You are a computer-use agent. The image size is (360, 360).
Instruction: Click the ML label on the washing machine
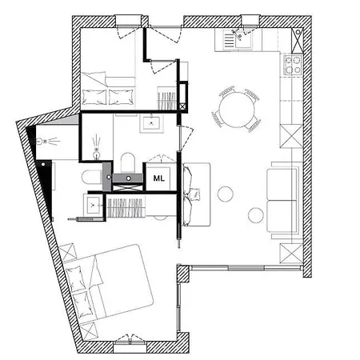pyautogui.click(x=158, y=178)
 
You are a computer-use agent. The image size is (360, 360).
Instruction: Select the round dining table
pyautogui.click(x=236, y=110)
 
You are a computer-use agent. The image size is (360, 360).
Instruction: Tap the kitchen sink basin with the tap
pyautogui.click(x=243, y=39)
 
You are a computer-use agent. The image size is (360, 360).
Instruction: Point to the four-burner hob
pyautogui.click(x=293, y=65)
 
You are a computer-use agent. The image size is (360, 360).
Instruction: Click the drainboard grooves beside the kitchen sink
pyautogui.click(x=229, y=41)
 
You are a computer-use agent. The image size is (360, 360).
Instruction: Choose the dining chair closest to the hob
pyautogui.click(x=252, y=94)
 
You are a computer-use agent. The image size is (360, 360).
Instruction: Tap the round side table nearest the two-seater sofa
pyautogui.click(x=256, y=215)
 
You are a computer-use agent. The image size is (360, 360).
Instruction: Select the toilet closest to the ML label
pyautogui.click(x=128, y=162)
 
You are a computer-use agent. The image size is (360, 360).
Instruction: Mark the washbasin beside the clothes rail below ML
pyautogui.click(x=93, y=205)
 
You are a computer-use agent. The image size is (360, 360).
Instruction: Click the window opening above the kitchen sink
pyautogui.click(x=250, y=21)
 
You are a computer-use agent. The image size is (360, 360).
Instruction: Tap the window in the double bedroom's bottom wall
pyautogui.click(x=130, y=346)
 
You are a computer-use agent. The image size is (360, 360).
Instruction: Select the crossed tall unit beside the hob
pyautogui.click(x=297, y=41)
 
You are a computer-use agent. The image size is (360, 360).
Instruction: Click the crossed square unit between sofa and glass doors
pyautogui.click(x=291, y=253)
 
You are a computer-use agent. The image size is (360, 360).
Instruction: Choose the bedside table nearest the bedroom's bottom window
pyautogui.click(x=89, y=330)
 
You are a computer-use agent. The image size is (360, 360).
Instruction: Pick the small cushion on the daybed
pyautogui.click(x=195, y=193)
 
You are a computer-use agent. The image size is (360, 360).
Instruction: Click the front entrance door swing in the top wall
pyautogui.click(x=165, y=35)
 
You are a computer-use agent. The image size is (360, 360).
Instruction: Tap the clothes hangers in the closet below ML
pyautogui.click(x=126, y=208)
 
